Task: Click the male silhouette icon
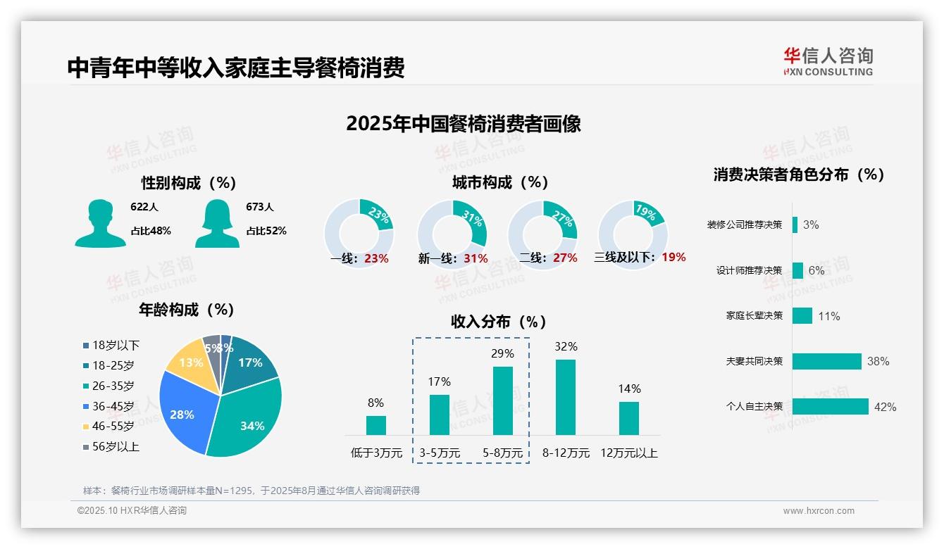tap(100, 223)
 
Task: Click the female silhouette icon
tap(217, 223)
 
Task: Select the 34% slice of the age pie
tap(247, 419)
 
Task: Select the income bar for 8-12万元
tap(566, 397)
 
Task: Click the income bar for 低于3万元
tap(376, 425)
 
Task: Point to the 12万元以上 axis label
tap(628, 453)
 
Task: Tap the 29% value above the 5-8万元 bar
tap(502, 353)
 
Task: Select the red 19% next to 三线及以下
tap(673, 257)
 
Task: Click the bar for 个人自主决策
tap(830, 406)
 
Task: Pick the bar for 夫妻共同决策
tap(826, 361)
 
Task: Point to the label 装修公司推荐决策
tap(745, 225)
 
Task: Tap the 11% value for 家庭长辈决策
tap(828, 316)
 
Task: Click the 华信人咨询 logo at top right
tap(828, 61)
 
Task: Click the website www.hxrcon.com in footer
tap(818, 511)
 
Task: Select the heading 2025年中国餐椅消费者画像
tap(463, 124)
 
